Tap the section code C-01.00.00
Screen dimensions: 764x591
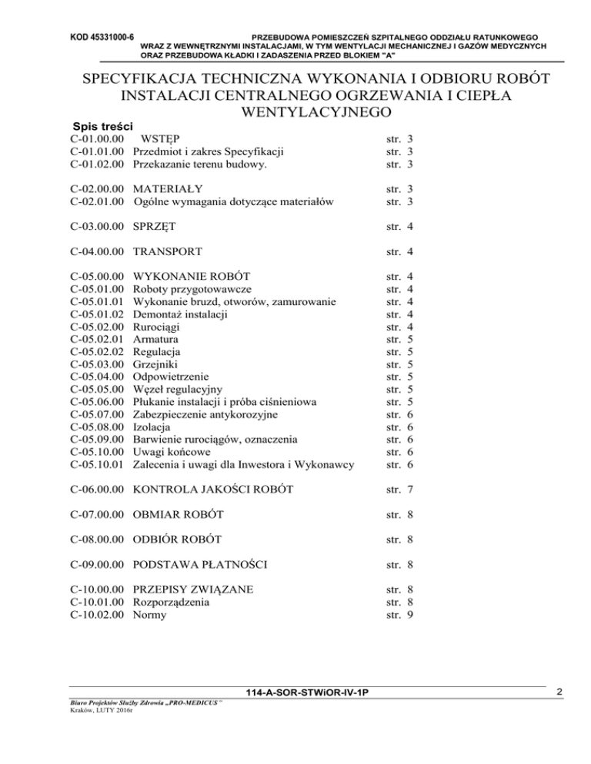(x=97, y=138)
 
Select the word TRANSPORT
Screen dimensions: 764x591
(x=168, y=251)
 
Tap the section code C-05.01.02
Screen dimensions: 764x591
(x=97, y=314)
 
